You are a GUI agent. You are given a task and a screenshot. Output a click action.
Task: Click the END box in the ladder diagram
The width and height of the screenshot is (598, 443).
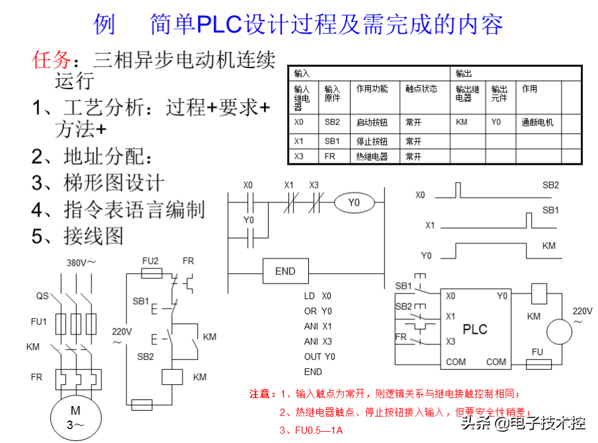(285, 271)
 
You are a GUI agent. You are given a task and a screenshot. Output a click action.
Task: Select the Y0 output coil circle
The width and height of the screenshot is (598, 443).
(354, 202)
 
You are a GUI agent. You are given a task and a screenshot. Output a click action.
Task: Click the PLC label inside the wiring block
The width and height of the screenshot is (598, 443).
(474, 329)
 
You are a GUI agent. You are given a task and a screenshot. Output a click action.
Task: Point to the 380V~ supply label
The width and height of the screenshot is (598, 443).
(81, 262)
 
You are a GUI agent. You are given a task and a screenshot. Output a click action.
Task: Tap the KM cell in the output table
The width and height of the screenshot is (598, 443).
(462, 122)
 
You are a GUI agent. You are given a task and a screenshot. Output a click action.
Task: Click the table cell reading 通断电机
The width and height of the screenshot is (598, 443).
(537, 122)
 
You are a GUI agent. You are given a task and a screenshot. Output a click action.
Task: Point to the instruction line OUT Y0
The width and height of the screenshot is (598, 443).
(320, 357)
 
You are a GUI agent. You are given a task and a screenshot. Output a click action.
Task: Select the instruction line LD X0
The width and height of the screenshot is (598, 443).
(318, 296)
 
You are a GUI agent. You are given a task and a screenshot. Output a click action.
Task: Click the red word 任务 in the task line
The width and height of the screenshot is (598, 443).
(51, 60)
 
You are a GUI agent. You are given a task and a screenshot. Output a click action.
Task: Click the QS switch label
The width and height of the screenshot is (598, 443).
(42, 297)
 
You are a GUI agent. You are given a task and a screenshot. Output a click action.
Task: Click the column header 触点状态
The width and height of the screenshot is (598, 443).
(421, 89)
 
